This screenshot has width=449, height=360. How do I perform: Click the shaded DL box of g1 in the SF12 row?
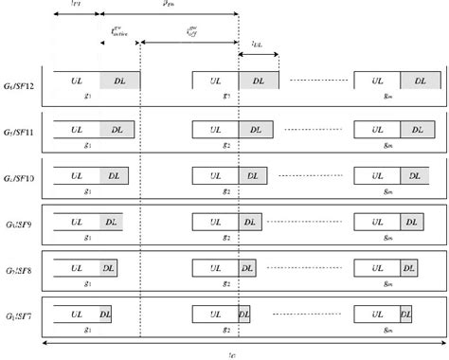119,81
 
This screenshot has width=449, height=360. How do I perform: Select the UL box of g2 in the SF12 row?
215,81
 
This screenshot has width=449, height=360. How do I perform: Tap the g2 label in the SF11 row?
225,142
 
